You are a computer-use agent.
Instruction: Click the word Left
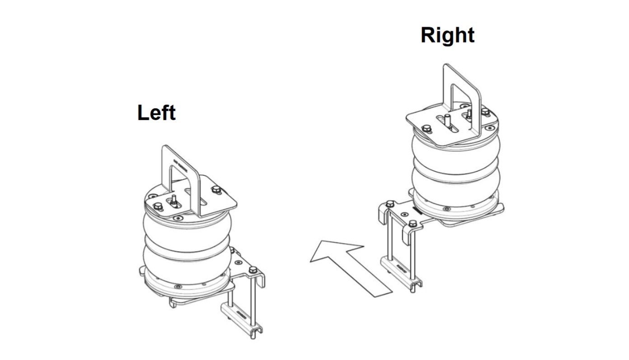coord(156,112)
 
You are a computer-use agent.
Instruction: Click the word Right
coord(448,36)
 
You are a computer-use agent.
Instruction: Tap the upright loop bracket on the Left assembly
coord(180,180)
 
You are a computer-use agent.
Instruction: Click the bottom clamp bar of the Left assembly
coord(241,320)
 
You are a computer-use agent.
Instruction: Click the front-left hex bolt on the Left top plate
coord(158,207)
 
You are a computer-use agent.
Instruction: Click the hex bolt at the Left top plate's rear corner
coord(216,190)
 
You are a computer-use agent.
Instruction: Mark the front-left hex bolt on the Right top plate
coord(427,129)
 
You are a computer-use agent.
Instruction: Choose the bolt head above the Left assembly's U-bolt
coord(253,270)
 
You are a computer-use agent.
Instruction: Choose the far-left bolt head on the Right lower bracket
coord(390,204)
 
